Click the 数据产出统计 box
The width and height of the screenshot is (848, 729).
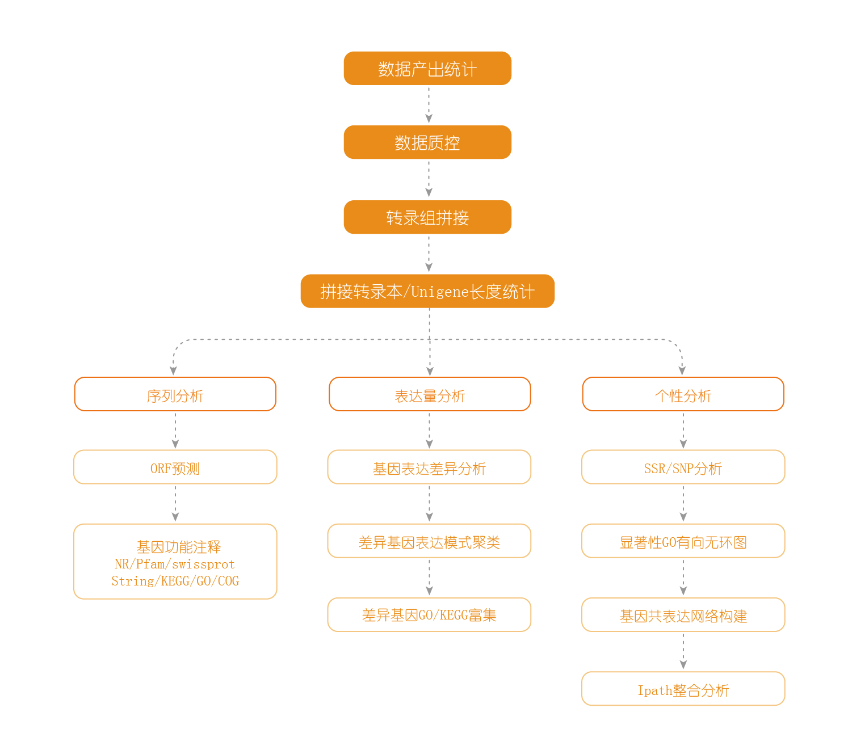tap(427, 69)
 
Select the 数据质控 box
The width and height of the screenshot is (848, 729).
tap(427, 142)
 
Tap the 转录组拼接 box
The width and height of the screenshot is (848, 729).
tap(427, 217)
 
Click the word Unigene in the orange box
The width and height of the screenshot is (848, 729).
tap(440, 292)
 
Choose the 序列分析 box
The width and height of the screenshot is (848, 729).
tap(175, 394)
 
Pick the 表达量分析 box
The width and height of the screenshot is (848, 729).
tap(430, 394)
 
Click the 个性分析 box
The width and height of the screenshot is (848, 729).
tap(683, 394)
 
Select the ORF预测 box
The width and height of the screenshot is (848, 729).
tap(175, 467)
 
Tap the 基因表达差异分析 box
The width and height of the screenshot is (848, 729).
tap(429, 467)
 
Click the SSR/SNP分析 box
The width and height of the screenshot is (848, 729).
tap(683, 467)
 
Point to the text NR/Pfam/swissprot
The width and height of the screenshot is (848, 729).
tap(175, 564)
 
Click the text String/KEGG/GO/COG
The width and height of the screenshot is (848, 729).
tap(175, 581)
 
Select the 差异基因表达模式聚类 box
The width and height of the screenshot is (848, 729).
tap(429, 541)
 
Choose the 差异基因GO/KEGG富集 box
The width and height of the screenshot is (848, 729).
tap(429, 615)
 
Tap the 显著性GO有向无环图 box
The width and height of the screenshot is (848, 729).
tap(683, 541)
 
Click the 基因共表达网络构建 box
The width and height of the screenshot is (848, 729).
tap(683, 615)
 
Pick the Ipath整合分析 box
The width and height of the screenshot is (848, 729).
tap(683, 689)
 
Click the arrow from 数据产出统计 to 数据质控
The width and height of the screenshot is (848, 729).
tap(429, 106)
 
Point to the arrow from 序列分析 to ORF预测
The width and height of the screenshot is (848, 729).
tap(175, 431)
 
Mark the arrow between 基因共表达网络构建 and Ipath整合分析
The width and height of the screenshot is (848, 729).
tap(683, 652)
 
